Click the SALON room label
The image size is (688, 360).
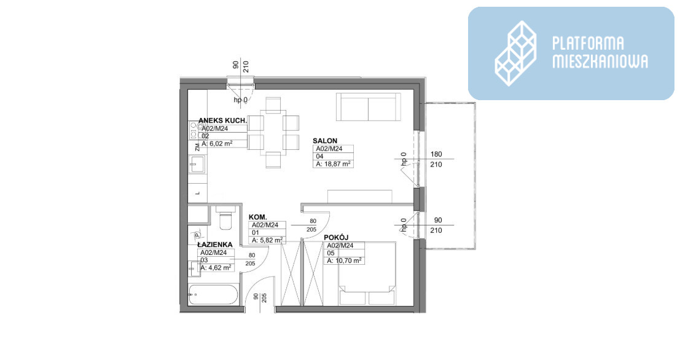click(x=325, y=141)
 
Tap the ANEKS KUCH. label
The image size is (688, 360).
click(x=222, y=120)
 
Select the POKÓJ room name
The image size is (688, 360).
click(x=336, y=238)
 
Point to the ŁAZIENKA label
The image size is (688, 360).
click(x=214, y=245)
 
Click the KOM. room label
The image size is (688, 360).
click(x=258, y=217)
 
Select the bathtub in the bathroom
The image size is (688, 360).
click(x=213, y=295)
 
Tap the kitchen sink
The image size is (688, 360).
click(x=197, y=165)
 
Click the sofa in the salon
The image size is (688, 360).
click(x=369, y=107)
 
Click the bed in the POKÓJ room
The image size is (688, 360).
click(x=367, y=273)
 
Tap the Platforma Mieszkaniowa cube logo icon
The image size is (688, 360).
click(x=516, y=53)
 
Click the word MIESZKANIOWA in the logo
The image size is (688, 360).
click(x=600, y=61)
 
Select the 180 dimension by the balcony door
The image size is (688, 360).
click(x=436, y=154)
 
